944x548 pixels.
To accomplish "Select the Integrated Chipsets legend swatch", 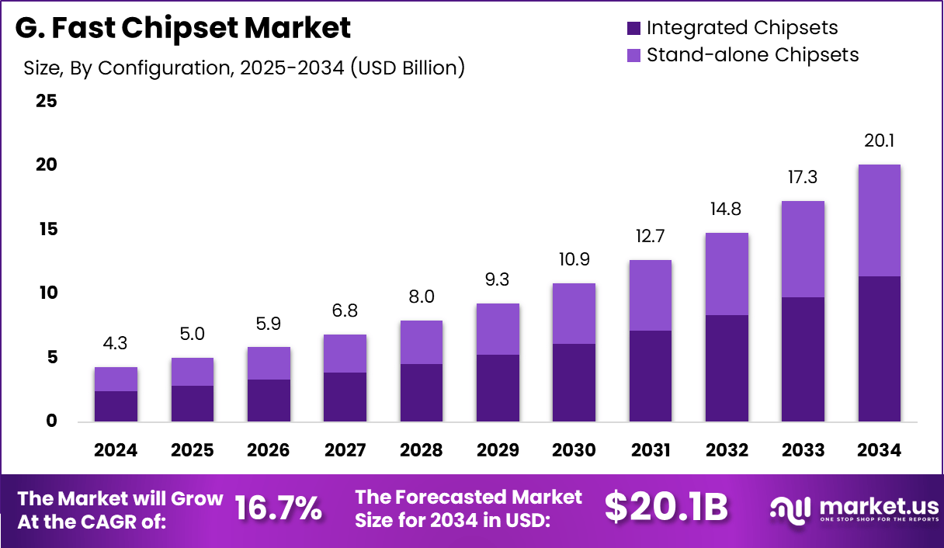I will [633, 29].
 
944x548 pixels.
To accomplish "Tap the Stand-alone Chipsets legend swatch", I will [633, 55].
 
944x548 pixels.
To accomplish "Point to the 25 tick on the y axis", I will [46, 101].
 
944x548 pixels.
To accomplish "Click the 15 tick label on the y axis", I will [46, 229].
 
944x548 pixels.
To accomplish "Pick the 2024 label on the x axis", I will [116, 451].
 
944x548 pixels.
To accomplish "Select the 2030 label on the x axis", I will [574, 451].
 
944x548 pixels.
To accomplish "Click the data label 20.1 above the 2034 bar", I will [879, 141].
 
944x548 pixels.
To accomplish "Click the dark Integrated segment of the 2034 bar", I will [879, 349].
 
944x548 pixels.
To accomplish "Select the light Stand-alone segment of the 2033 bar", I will [803, 249].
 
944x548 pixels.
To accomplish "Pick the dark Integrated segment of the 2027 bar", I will [345, 397].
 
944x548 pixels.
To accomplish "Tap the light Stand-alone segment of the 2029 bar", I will [498, 329].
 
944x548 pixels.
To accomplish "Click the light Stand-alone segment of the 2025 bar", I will [193, 372].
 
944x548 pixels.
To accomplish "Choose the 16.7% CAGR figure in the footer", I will [278, 509].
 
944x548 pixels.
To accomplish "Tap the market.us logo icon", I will [790, 508].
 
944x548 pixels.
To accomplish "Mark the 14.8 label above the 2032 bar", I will [726, 210].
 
